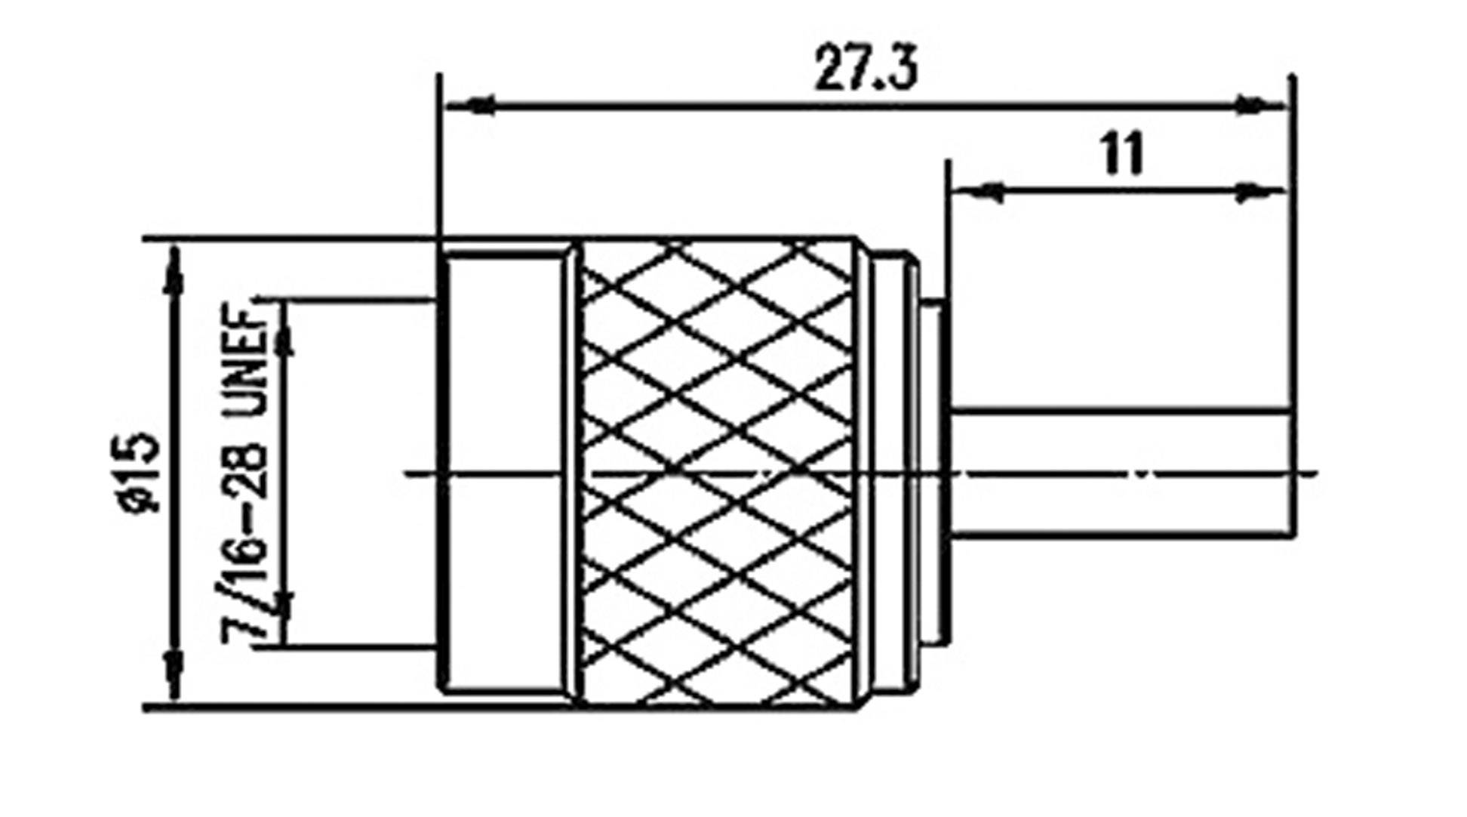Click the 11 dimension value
[1123, 155]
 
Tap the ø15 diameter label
[140, 472]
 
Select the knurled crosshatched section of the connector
[717, 472]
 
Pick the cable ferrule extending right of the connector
[1117, 472]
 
